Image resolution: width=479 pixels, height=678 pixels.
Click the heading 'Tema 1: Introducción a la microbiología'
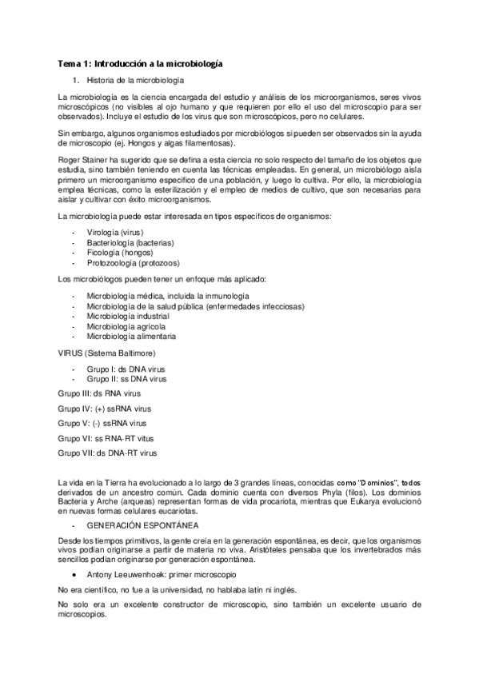(x=140, y=62)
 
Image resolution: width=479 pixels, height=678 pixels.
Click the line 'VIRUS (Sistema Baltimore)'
(x=106, y=353)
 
